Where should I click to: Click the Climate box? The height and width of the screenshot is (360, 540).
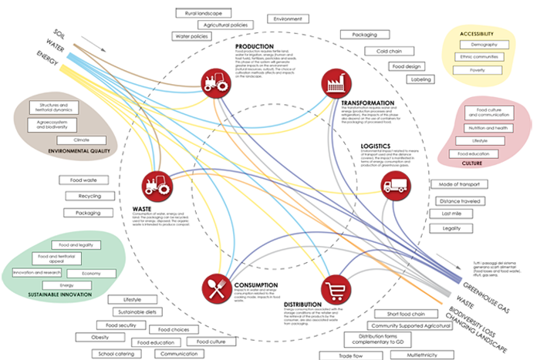pyautogui.click(x=71, y=140)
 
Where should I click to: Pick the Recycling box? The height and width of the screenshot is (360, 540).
pyautogui.click(x=89, y=196)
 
